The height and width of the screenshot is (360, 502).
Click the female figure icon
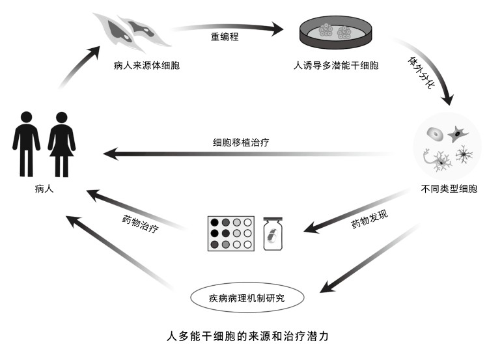tap(62, 144)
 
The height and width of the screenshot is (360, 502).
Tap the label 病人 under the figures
tap(44, 189)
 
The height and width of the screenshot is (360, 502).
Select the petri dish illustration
tap(336, 33)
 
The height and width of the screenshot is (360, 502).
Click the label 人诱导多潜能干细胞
tap(336, 66)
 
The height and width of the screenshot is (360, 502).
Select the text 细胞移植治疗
tap(241, 142)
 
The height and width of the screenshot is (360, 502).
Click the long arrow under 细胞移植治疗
tap(247, 155)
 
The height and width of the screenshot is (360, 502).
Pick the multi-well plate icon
tap(229, 232)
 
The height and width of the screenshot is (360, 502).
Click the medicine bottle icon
tap(273, 233)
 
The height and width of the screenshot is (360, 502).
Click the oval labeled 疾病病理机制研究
tap(247, 299)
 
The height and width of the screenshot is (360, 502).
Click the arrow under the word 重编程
tap(228, 27)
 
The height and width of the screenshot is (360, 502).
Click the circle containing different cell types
tap(447, 147)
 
